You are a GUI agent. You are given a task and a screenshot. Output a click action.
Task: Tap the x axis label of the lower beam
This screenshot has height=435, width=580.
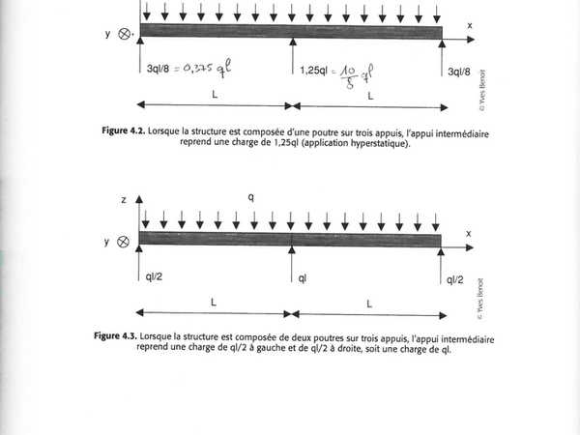pos(469,233)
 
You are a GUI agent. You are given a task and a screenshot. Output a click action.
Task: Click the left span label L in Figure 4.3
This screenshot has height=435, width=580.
pos(214,302)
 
